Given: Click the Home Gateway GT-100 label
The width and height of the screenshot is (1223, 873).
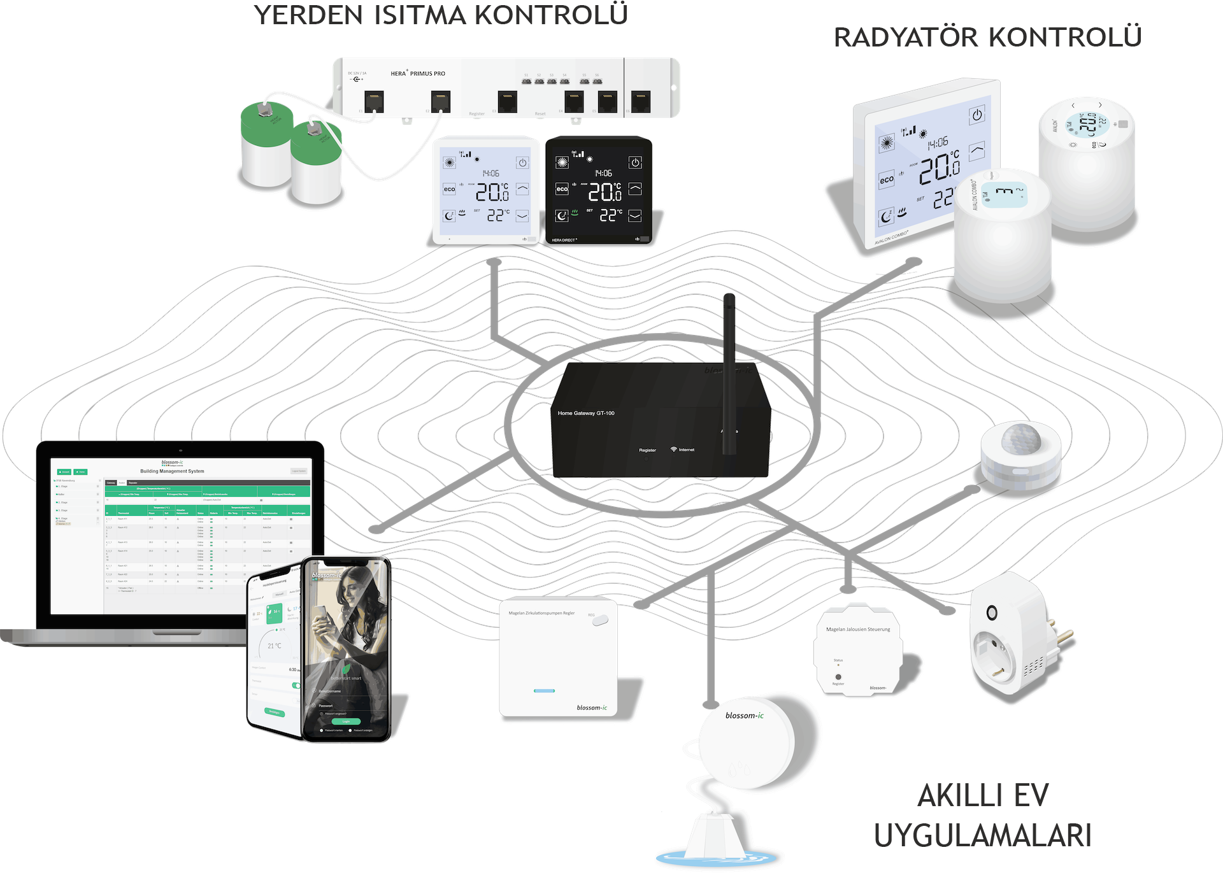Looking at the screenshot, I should pos(586,413).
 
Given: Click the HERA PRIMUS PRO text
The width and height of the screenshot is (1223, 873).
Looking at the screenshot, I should pos(418,74).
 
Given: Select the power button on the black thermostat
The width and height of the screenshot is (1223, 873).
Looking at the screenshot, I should pos(635,162).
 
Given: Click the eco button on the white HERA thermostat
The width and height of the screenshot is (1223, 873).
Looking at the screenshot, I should pos(450,189).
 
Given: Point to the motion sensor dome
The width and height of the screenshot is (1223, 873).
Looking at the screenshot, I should pos(1020,439).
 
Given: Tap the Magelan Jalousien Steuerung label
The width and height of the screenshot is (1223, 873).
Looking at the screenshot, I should pos(858,629).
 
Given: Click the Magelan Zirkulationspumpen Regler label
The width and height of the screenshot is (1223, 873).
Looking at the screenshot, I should pos(541,613).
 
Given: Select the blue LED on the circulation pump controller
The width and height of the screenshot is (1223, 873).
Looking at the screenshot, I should pos(544,691).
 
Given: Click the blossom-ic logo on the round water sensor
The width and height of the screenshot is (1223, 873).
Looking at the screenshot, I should pos(744,716).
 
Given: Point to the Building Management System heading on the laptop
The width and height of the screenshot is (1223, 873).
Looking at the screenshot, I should pos(172,471).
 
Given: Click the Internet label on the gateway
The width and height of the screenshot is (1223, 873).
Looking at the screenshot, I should pos(686,450).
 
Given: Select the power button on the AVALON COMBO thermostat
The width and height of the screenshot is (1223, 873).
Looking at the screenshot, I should pos(976,115).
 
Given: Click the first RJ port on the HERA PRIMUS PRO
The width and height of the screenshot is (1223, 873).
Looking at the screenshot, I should pos(374,101).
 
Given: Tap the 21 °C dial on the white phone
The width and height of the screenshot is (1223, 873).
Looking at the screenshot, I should pos(275,646).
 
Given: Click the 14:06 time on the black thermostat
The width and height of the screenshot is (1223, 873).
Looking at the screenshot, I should pos(603,173).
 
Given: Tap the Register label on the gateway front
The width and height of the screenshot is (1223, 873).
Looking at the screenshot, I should pos(647,450).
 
